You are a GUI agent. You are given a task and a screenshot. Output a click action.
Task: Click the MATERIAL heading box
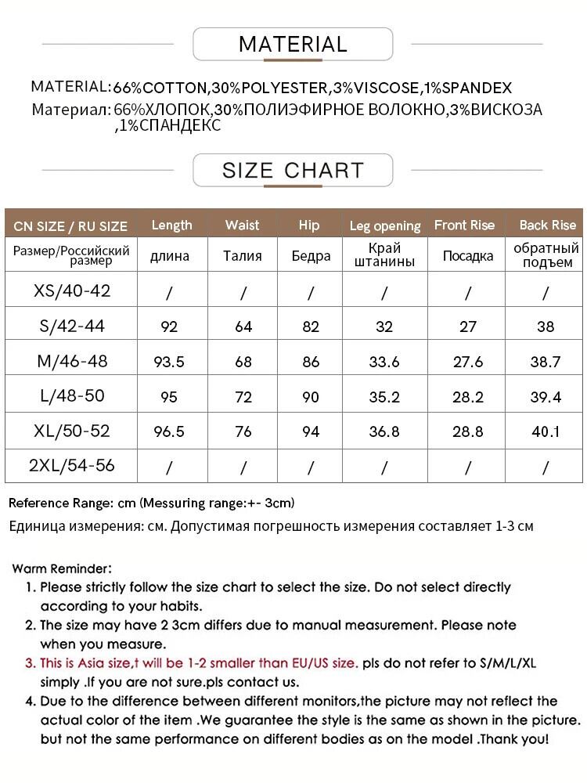(293, 44)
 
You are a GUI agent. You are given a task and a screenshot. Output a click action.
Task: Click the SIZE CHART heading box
(293, 170)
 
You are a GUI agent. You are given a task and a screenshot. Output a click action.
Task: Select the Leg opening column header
(385, 226)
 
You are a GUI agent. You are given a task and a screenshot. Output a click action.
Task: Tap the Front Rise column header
(464, 225)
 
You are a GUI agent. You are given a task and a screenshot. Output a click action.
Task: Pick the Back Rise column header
(547, 225)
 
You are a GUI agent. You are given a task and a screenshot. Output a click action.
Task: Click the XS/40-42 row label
(72, 291)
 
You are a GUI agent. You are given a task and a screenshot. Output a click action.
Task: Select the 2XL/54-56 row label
(71, 465)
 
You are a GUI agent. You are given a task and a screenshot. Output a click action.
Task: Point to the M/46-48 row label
(72, 361)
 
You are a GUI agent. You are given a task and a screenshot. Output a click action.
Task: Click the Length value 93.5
(170, 362)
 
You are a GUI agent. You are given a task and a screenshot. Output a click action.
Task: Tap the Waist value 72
(243, 396)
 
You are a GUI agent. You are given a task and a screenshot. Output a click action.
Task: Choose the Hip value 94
(311, 431)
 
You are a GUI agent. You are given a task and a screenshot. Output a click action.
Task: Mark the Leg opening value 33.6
(384, 362)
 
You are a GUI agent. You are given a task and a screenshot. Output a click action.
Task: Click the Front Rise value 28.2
(468, 396)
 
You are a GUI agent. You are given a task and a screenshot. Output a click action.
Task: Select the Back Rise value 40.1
(546, 431)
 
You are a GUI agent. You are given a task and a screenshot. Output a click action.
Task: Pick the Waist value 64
(243, 327)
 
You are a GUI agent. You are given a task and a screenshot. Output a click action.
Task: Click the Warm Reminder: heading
(63, 568)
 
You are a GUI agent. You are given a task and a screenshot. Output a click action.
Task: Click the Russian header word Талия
(243, 255)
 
